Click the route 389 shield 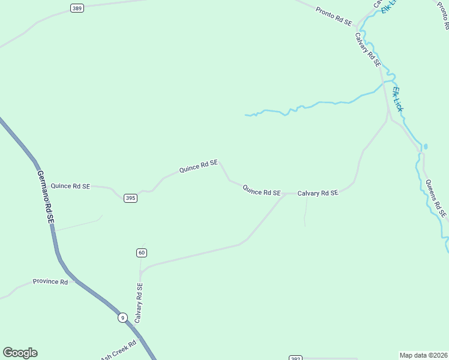pos(76,8)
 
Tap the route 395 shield pos(130,198)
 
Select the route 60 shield pos(141,253)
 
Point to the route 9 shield pos(122,317)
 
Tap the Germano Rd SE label pos(46,197)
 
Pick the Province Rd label pos(50,281)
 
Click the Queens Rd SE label pos(436,198)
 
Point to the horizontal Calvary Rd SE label pos(318,193)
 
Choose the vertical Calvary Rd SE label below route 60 pos(139,303)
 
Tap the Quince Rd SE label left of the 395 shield pos(70,186)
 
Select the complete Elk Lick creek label pos(398,99)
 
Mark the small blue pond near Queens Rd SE pos(426,146)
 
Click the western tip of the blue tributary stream pos(246,115)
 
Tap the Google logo pos(20,353)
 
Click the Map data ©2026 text pos(424,355)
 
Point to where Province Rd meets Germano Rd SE pos(74,280)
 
